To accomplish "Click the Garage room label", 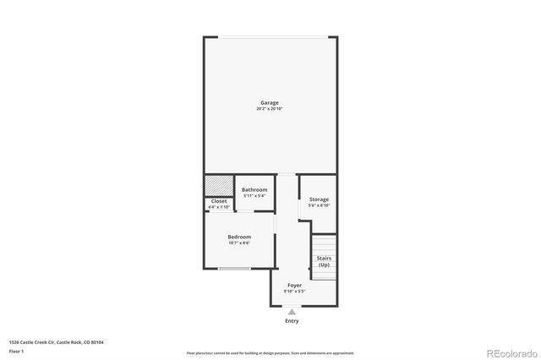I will click(x=269, y=103).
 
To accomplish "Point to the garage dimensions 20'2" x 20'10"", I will click(x=269, y=109).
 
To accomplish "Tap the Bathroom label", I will click(x=254, y=189).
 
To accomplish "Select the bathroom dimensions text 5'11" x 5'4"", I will click(x=254, y=195).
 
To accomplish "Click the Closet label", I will click(x=219, y=201).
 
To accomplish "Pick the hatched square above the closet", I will click(x=218, y=183).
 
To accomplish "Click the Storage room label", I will click(x=319, y=199).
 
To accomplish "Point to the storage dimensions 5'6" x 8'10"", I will click(x=319, y=205).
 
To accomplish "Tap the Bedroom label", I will click(x=239, y=237).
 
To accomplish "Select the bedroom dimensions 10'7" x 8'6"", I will click(x=239, y=243).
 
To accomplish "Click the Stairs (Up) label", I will click(x=324, y=261).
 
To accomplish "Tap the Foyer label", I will click(x=294, y=286).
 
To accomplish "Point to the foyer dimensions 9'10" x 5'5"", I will click(x=294, y=292).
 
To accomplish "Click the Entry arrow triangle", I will click(x=292, y=312).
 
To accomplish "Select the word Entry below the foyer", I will click(x=292, y=320).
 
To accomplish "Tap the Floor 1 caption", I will click(x=16, y=351).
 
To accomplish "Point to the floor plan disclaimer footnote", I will click(x=270, y=352).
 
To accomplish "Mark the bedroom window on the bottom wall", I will click(x=233, y=269).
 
